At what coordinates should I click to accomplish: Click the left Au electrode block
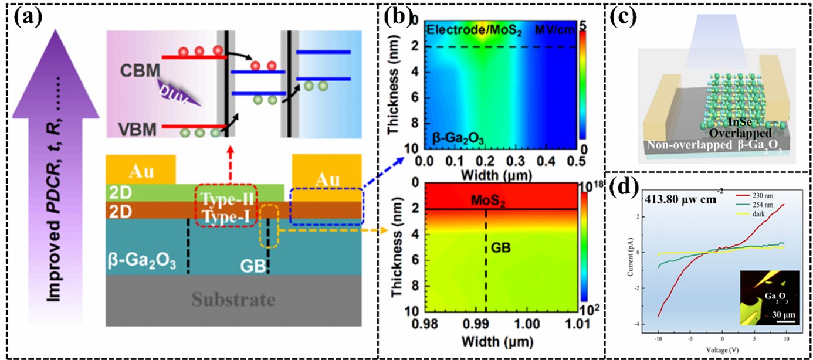point(141,169)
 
